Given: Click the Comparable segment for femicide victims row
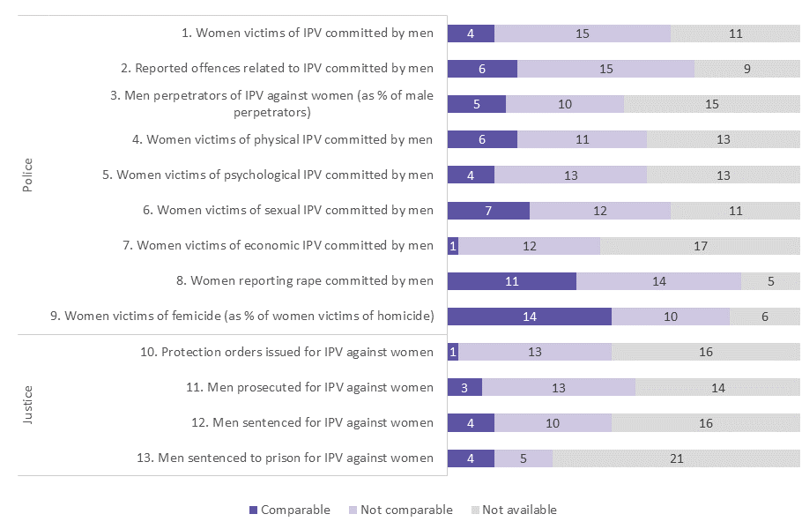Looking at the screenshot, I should [529, 317].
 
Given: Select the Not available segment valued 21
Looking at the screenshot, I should [676, 458].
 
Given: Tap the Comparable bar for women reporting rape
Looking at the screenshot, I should [511, 281].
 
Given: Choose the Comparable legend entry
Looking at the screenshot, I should [290, 510].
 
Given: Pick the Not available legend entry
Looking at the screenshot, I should [513, 510].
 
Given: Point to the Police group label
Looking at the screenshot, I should [27, 175].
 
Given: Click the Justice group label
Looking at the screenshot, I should [27, 405].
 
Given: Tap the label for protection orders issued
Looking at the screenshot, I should [287, 352].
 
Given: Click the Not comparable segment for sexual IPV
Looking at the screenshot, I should [599, 210].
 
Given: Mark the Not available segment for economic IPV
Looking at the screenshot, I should [700, 246].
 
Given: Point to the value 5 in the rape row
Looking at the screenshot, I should [770, 281].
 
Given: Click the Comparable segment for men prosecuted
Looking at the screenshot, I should [464, 387].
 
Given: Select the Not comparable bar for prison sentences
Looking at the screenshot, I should [524, 458].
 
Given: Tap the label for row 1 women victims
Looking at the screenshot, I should [307, 34].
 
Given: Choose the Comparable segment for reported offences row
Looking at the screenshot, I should [482, 69].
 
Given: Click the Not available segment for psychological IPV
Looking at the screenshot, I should [723, 175].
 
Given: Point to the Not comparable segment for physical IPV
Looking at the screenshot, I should [582, 139].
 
